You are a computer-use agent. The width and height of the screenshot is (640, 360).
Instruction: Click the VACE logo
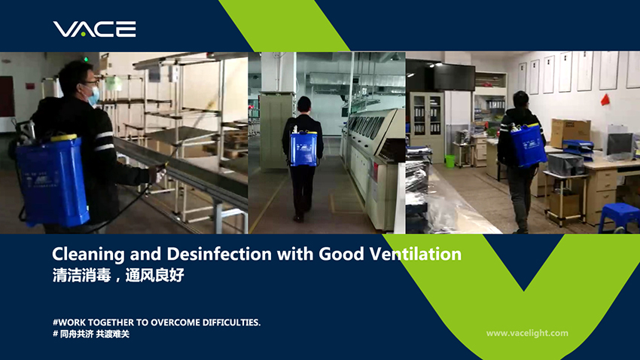click(94, 29)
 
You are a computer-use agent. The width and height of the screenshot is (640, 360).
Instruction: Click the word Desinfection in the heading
click(219, 254)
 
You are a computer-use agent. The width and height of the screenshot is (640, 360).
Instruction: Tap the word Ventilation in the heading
click(415, 254)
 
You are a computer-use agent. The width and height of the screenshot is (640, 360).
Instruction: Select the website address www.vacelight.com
click(527, 333)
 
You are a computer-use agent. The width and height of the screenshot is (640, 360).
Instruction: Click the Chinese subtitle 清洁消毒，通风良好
click(118, 275)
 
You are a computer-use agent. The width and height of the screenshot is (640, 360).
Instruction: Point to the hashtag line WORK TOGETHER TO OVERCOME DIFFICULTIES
click(157, 322)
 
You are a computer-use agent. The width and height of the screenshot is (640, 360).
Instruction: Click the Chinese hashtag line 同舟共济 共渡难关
click(91, 334)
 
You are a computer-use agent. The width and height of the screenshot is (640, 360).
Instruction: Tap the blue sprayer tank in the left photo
click(53, 181)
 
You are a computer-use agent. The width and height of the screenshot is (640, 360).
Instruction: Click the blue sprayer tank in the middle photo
click(303, 148)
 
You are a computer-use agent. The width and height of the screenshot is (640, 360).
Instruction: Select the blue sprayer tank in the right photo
click(529, 145)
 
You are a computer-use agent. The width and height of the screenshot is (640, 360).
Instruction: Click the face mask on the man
click(94, 96)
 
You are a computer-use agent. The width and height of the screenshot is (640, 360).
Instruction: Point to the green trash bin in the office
click(450, 161)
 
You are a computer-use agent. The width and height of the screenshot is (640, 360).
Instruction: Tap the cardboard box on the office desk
click(570, 133)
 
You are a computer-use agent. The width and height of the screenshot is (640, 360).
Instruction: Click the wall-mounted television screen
click(454, 77)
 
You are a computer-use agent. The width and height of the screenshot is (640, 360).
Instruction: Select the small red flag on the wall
click(605, 99)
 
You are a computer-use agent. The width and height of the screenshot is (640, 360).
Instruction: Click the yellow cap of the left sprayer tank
click(63, 138)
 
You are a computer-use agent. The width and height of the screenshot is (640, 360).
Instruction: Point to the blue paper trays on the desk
click(578, 148)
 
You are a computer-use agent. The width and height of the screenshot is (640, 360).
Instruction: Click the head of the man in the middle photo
click(303, 105)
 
